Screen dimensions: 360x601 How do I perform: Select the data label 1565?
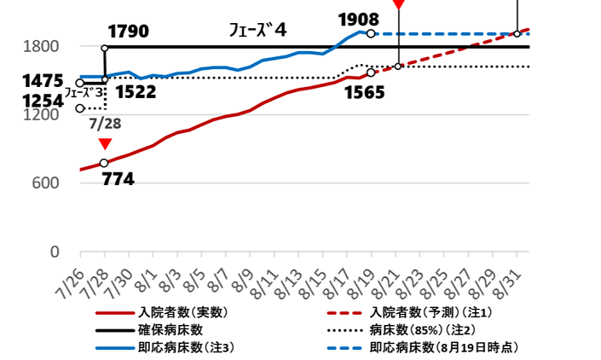click(x=366, y=92)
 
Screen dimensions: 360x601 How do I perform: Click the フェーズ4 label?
click(x=258, y=31)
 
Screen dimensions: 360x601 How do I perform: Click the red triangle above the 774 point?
click(x=104, y=144)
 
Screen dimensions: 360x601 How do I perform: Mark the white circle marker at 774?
click(x=104, y=163)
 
